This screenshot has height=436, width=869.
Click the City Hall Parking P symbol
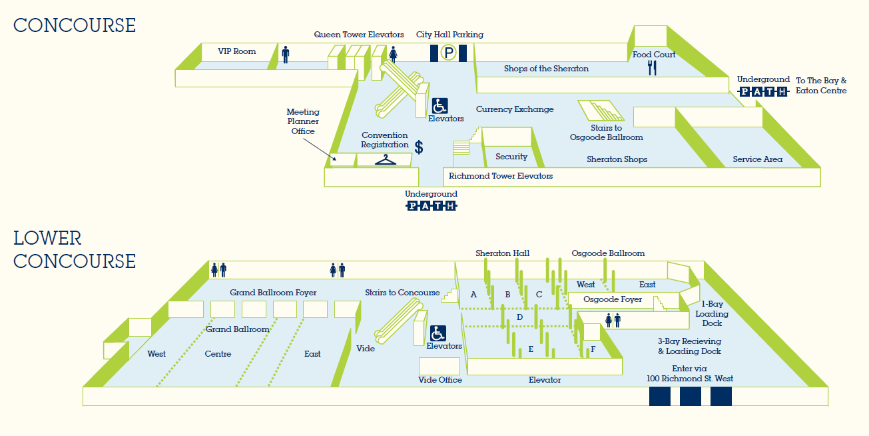(449, 53)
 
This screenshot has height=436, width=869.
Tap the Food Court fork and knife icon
(653, 67)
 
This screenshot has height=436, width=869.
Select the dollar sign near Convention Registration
(419, 147)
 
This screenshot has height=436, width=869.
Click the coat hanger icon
(386, 160)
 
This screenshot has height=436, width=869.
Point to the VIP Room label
(236, 51)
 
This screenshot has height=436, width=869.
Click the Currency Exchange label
(515, 109)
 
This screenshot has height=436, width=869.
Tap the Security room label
(511, 157)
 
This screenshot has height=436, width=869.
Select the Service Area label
(757, 159)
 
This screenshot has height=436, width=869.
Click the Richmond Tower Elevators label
(501, 176)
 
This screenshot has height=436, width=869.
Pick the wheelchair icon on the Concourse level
(440, 105)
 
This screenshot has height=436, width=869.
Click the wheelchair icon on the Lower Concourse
(437, 333)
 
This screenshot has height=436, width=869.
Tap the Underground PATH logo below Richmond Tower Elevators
(432, 206)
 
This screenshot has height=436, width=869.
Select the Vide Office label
(440, 380)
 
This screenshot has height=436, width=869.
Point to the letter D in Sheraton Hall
(519, 317)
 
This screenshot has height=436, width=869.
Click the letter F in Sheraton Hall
(593, 349)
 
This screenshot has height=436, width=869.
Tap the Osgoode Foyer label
(613, 299)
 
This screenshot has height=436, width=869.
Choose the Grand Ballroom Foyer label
(273, 293)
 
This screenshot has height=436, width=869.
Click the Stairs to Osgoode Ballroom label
(606, 133)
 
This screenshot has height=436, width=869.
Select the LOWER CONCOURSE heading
(75, 249)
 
